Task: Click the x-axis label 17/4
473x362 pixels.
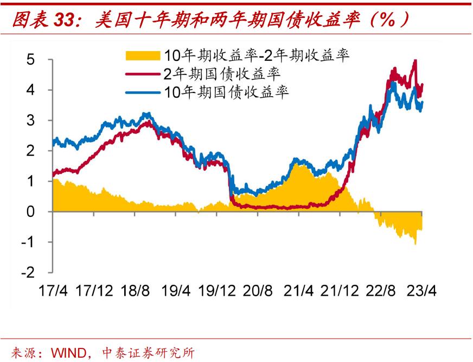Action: pos(53,290)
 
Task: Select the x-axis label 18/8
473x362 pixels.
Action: pos(136,290)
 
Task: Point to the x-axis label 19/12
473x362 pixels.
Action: pos(218,290)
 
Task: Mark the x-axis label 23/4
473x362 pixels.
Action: pos(421,290)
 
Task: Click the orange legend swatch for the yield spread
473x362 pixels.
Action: pos(143,55)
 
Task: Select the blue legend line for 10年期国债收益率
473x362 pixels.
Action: pos(143,92)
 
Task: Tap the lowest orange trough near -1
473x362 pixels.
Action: pos(416,244)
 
